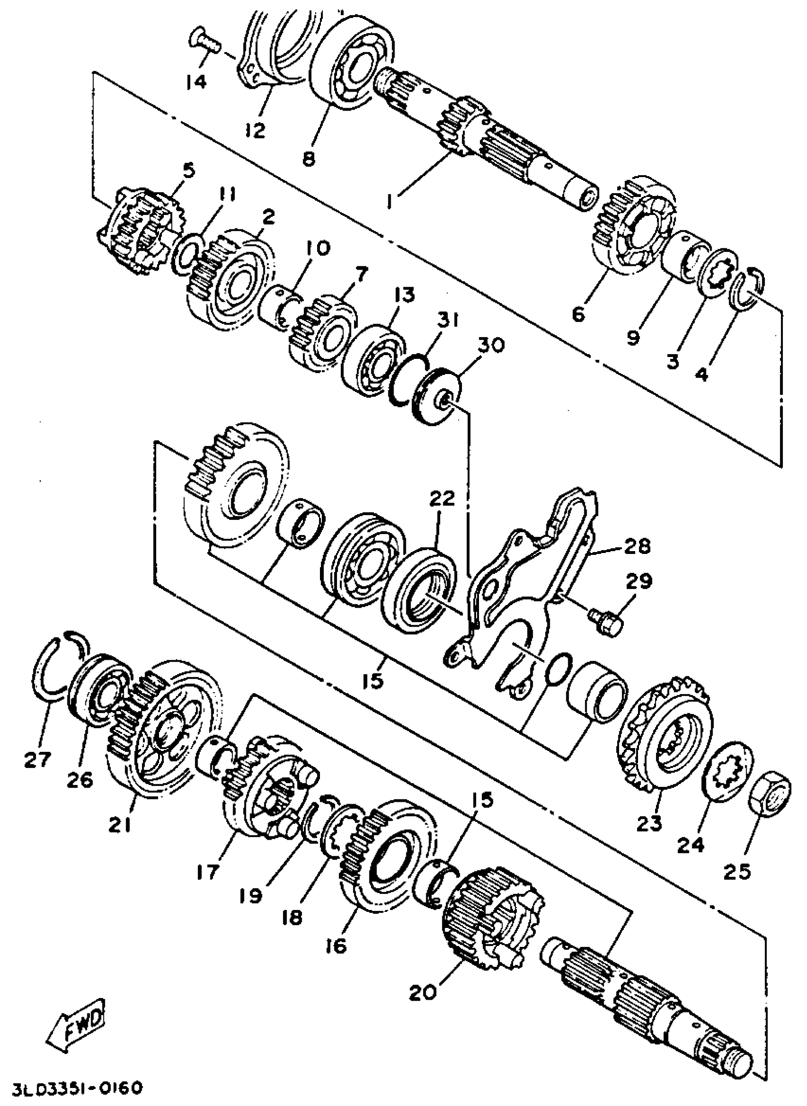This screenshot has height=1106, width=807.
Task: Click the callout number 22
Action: tap(442, 498)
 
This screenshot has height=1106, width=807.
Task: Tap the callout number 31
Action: tap(448, 321)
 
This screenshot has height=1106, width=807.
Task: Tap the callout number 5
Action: tap(188, 170)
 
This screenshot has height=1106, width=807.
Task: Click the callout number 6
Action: tap(578, 316)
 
